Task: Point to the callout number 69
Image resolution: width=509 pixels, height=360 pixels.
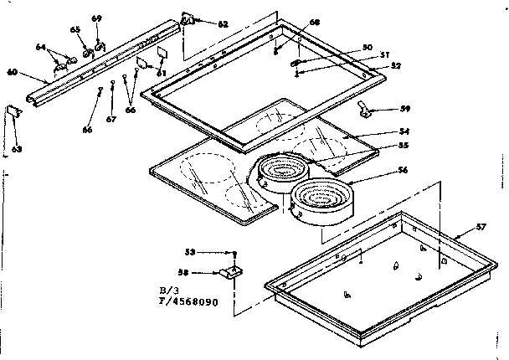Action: pyautogui.click(x=96, y=18)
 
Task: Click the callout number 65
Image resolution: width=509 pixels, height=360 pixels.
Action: pyautogui.click(x=75, y=29)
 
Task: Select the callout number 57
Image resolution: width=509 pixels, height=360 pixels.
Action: pyautogui.click(x=481, y=227)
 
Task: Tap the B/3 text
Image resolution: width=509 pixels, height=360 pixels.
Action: pyautogui.click(x=169, y=290)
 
